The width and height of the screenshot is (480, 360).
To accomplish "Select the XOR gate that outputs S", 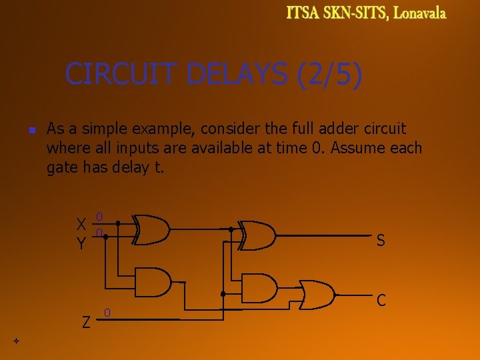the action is pyautogui.click(x=257, y=235).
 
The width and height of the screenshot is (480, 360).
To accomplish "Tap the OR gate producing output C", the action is pyautogui.click(x=317, y=294).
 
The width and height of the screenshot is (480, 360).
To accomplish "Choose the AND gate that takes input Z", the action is pyautogui.click(x=259, y=287).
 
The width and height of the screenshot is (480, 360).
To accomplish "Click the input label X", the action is pyautogui.click(x=81, y=224).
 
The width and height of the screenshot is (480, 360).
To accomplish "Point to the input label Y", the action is pyautogui.click(x=81, y=244).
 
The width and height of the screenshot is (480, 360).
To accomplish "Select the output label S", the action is pyautogui.click(x=380, y=241).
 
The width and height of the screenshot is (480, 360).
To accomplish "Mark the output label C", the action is pyautogui.click(x=381, y=301).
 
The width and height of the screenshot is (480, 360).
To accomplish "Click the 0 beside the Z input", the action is pyautogui.click(x=107, y=313).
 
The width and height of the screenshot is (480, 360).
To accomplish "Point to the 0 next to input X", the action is pyautogui.click(x=99, y=217).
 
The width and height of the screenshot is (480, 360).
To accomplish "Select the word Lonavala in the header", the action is pyautogui.click(x=419, y=13).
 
